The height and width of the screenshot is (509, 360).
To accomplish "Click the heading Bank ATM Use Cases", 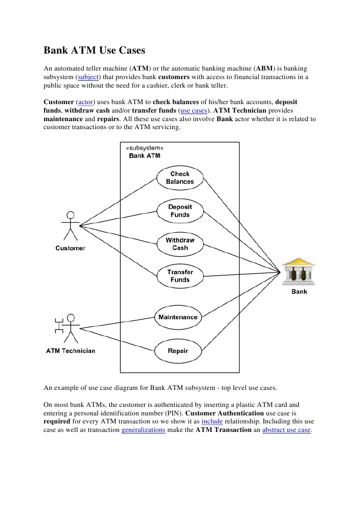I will tap(94, 51).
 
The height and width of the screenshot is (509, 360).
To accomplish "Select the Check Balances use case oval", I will tap(180, 178).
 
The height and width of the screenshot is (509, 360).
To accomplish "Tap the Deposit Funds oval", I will tap(180, 211).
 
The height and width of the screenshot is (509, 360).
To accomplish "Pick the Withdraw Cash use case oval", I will tap(180, 244).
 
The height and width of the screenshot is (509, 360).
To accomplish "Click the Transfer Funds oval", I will tap(180, 276).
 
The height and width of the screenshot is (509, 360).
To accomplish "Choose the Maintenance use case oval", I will tap(178, 317).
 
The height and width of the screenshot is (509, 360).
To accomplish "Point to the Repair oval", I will tap(178, 351).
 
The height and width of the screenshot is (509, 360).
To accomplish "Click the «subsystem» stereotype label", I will tap(144, 148).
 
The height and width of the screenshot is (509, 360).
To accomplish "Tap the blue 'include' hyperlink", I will tap(212, 421).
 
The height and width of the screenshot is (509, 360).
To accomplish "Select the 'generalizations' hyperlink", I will tap(143, 430).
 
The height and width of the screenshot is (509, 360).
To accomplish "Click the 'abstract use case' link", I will tap(286, 430).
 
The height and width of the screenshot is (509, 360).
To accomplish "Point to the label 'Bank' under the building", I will tap(299, 292).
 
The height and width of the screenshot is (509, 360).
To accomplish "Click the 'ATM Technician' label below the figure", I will tap(71, 351).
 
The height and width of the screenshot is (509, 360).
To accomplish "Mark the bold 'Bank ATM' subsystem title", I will tap(145, 156).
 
